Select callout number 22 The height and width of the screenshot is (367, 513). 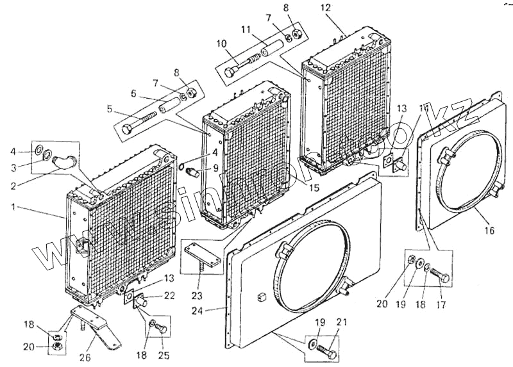tap(169, 295)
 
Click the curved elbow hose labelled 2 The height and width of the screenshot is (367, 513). tap(63, 161)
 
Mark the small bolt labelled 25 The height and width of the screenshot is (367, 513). tap(160, 328)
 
